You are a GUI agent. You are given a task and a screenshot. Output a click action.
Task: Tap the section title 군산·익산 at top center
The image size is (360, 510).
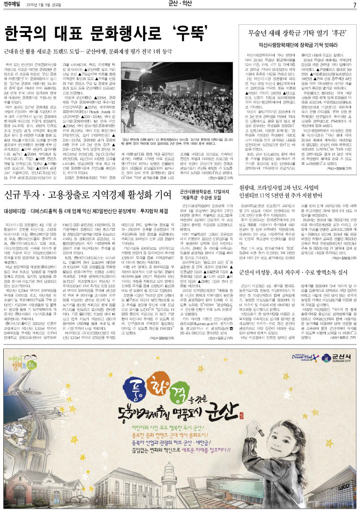point(180,5)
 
